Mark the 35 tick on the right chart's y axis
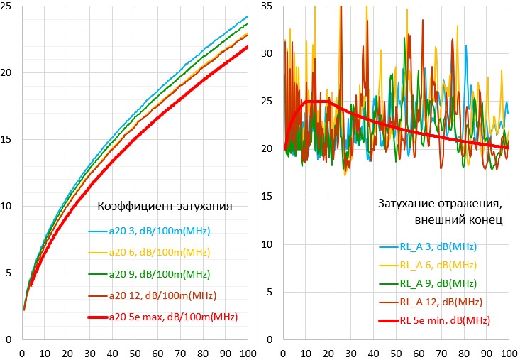(267, 6)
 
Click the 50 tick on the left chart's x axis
(135, 353)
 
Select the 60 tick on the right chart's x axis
(419, 353)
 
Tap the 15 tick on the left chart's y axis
(9, 140)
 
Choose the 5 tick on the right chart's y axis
(270, 293)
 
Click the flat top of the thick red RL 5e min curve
(317, 102)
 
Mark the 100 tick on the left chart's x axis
(248, 353)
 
